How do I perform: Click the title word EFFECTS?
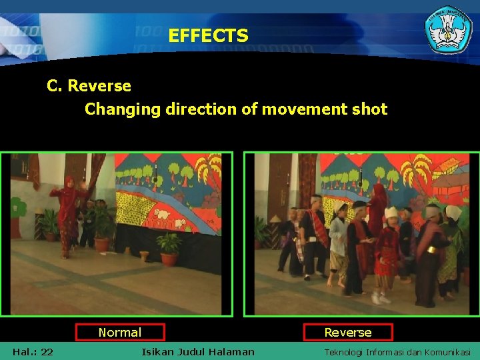coord(208,35)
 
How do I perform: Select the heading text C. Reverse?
coord(89,86)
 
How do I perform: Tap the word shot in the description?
coord(368,109)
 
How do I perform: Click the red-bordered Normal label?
coord(120,332)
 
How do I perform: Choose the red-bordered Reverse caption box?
coord(348,332)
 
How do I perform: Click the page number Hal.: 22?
coord(33,352)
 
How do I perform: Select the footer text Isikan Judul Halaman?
coord(198,352)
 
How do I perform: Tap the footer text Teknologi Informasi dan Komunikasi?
coord(397,352)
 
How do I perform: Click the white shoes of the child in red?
coord(381,298)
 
